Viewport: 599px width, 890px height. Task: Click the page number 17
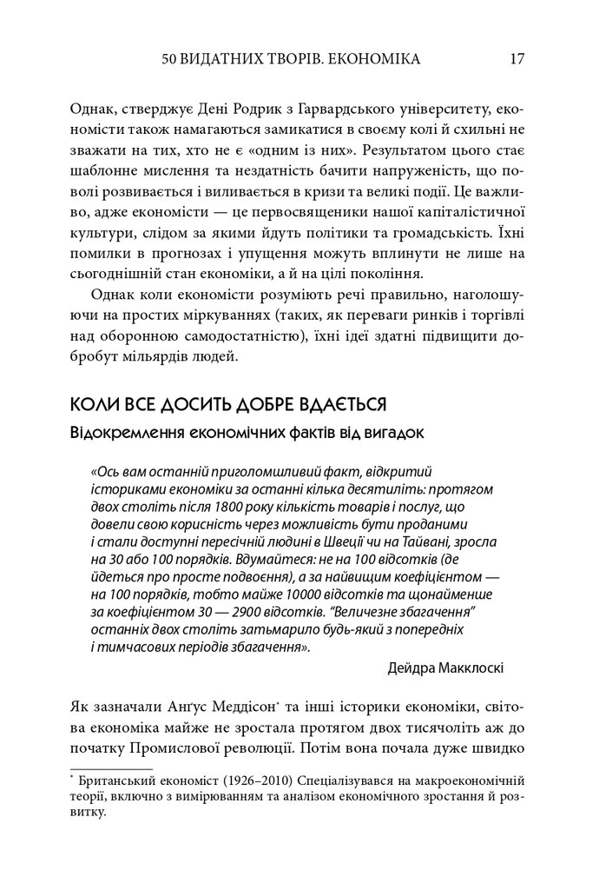(x=517, y=60)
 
